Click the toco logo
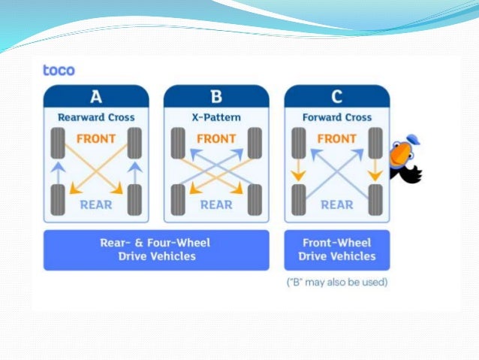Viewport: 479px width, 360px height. click(59, 71)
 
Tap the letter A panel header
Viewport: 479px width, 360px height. click(96, 96)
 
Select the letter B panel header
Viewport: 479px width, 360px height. click(216, 96)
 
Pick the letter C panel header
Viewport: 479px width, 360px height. click(336, 96)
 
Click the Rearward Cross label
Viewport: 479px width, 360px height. click(96, 117)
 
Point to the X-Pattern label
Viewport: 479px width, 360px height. click(216, 117)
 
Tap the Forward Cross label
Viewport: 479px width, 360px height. click(336, 117)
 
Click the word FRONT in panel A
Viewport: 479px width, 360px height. click(96, 139)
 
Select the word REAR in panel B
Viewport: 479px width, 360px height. click(216, 204)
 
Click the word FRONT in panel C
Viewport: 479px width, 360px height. click(336, 139)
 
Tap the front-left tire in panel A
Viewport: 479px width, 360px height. click(58, 143)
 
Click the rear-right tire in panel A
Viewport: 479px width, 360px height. click(135, 199)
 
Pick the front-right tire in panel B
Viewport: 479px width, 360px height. click(255, 143)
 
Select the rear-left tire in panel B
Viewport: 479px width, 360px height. click(178, 199)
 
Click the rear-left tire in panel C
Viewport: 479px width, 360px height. click(298, 199)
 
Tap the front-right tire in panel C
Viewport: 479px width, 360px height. click(375, 143)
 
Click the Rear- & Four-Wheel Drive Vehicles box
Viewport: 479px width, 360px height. click(156, 250)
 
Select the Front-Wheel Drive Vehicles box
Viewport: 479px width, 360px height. click(337, 250)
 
